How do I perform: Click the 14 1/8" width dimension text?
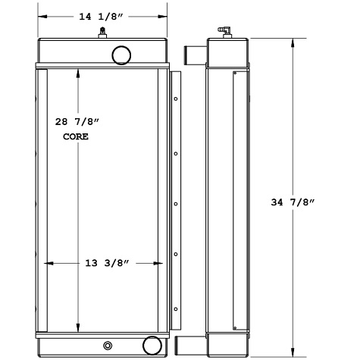(102, 14)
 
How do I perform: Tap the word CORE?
(75, 137)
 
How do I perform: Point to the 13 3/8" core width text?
(103, 263)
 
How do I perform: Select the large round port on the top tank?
(121, 54)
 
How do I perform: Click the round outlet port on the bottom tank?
(152, 344)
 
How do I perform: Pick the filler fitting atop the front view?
(102, 32)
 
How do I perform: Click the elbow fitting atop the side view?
(226, 30)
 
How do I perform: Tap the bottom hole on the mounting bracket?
(176, 308)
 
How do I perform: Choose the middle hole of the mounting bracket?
(176, 204)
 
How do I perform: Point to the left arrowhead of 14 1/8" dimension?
(41, 15)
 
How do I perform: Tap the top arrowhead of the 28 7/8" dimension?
(79, 70)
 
